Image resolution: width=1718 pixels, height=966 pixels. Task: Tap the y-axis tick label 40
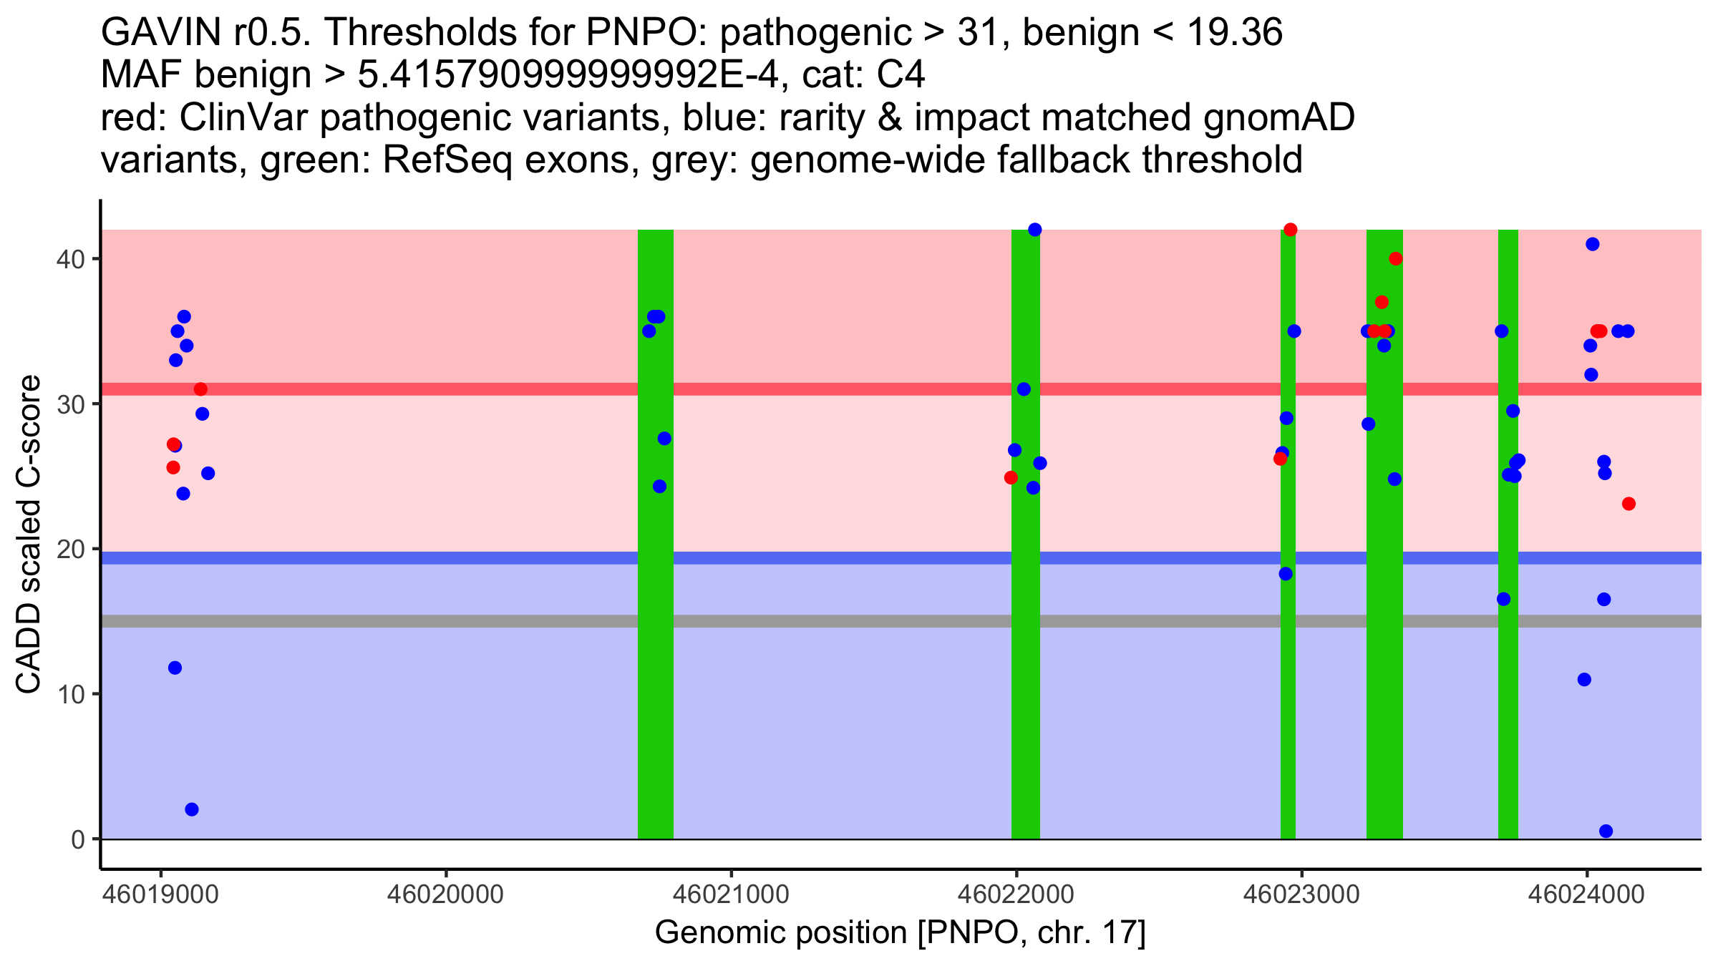[x=70, y=259]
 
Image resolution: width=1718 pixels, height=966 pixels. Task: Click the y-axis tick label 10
[x=70, y=694]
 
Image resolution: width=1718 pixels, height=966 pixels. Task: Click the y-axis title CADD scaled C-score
[x=29, y=535]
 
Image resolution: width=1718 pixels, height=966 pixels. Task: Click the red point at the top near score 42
[x=1291, y=230]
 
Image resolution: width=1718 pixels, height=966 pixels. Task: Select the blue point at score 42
[x=1034, y=230]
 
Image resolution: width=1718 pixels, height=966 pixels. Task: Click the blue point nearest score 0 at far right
[x=1606, y=831]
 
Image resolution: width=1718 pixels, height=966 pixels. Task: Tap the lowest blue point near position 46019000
[x=192, y=809]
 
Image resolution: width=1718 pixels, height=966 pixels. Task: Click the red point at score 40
[x=1395, y=258]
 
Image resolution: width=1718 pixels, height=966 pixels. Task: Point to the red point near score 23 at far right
[x=1629, y=504]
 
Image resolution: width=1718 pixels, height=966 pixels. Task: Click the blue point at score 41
[x=1593, y=244]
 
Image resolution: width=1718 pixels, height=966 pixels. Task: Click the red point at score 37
[x=1382, y=302]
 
